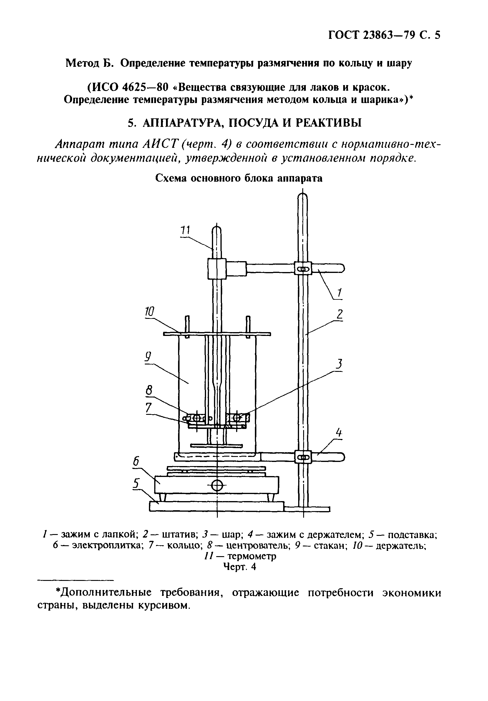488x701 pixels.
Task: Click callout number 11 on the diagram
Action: pyautogui.click(x=185, y=230)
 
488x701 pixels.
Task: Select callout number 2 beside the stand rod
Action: pyautogui.click(x=339, y=315)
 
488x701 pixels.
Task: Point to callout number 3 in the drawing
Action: pyautogui.click(x=338, y=364)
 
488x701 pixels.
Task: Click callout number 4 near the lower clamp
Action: pyautogui.click(x=338, y=433)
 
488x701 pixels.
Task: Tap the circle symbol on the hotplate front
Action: pyautogui.click(x=217, y=485)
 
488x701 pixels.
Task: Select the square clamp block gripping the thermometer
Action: pyautogui.click(x=217, y=269)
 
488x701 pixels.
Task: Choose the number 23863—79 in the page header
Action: pyautogui.click(x=387, y=35)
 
